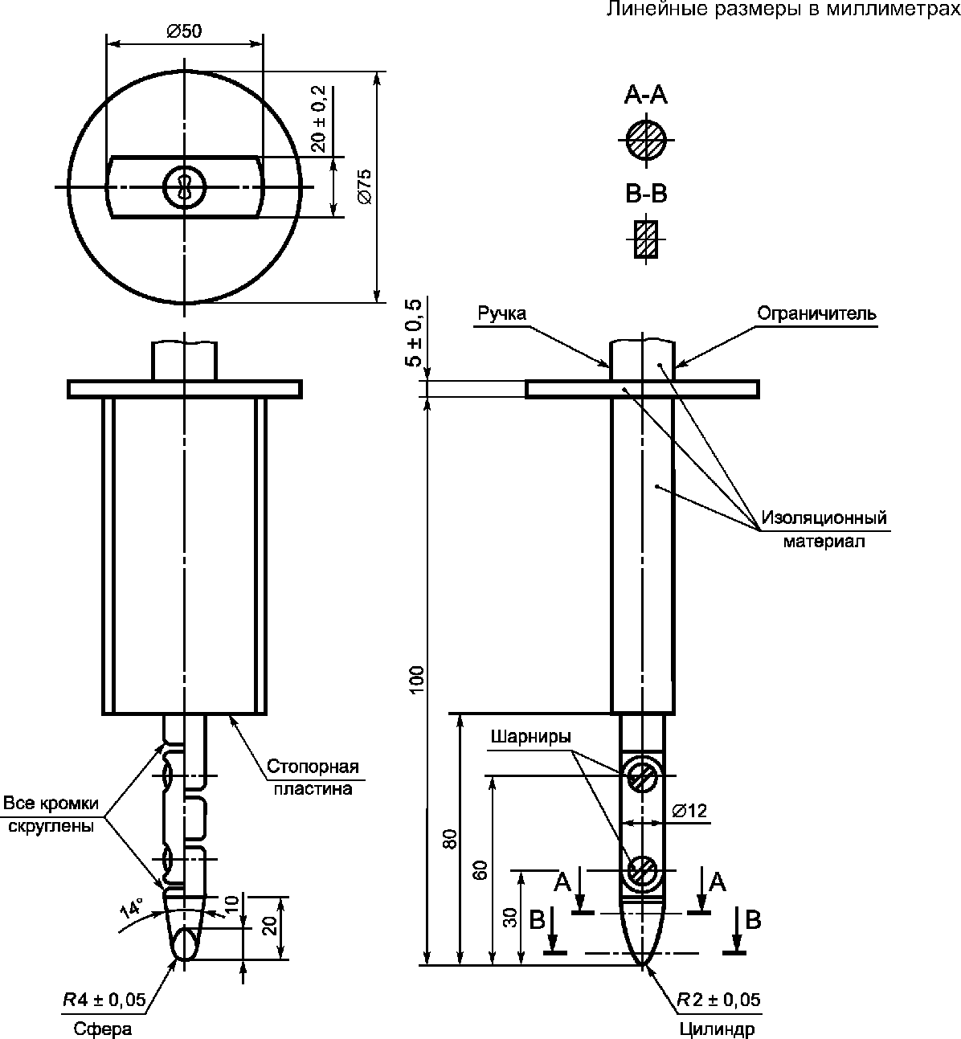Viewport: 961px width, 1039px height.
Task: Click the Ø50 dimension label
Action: click(184, 31)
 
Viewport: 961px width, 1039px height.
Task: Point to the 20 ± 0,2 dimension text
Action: click(318, 119)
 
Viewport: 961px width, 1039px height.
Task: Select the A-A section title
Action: click(645, 96)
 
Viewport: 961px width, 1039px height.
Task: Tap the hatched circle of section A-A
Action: click(646, 140)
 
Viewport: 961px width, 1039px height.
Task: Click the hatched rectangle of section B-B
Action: click(646, 239)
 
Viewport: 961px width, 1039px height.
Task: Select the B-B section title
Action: click(646, 194)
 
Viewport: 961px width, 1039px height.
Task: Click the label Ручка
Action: click(501, 314)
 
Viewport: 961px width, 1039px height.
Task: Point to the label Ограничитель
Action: click(816, 313)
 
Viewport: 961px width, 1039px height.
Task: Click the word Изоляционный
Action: click(824, 517)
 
